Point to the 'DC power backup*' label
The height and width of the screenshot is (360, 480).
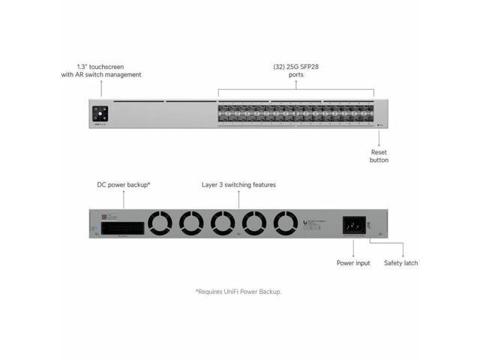124,184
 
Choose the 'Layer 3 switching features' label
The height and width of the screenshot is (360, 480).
239,184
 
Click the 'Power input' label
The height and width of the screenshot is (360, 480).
352,263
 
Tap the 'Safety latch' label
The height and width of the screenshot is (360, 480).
401,263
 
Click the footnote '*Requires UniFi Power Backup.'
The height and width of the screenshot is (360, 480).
239,291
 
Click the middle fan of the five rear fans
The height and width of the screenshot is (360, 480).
223,223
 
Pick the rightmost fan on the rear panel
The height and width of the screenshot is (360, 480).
286,223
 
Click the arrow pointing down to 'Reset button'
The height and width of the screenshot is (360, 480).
379,139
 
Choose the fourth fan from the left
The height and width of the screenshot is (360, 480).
254,223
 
